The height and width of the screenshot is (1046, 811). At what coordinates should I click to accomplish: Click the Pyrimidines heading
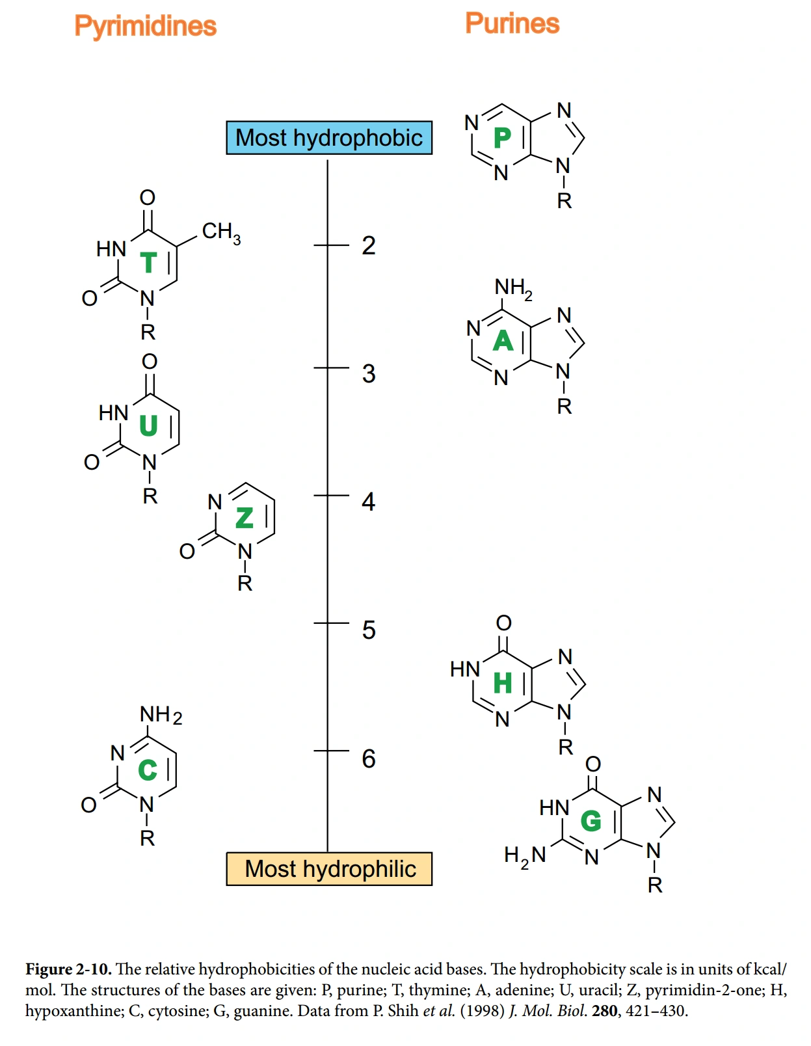tap(145, 26)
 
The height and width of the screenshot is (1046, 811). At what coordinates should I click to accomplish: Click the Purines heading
tap(512, 23)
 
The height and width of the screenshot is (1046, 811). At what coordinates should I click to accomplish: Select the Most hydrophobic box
tap(328, 138)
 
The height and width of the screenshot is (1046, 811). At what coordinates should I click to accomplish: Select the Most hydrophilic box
tap(329, 869)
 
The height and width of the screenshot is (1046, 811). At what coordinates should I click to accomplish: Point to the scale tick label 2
tap(369, 246)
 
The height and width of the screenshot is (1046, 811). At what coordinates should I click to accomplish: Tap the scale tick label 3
tap(369, 374)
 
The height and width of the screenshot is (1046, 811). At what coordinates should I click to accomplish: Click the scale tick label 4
tap(369, 502)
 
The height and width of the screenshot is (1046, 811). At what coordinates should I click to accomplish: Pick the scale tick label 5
tap(369, 630)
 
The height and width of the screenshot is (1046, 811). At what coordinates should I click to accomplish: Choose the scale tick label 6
tap(369, 758)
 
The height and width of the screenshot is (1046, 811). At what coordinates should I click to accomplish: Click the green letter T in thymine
tap(149, 263)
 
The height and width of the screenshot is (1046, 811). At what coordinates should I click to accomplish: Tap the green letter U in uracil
tap(149, 426)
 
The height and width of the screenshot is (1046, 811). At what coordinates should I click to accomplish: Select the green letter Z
tap(245, 518)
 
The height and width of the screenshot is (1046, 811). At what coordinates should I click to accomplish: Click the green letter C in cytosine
tap(148, 770)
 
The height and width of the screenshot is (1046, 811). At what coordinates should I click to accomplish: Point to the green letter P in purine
tap(503, 138)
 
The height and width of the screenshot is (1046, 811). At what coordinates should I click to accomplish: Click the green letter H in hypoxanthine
tap(503, 684)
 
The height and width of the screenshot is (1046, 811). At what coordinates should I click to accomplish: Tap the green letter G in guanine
tap(591, 821)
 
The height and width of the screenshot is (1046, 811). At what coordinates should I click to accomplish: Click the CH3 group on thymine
tap(221, 232)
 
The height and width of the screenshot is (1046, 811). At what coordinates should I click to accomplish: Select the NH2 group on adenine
tap(513, 288)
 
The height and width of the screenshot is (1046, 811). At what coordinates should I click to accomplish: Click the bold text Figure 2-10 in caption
tap(68, 969)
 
